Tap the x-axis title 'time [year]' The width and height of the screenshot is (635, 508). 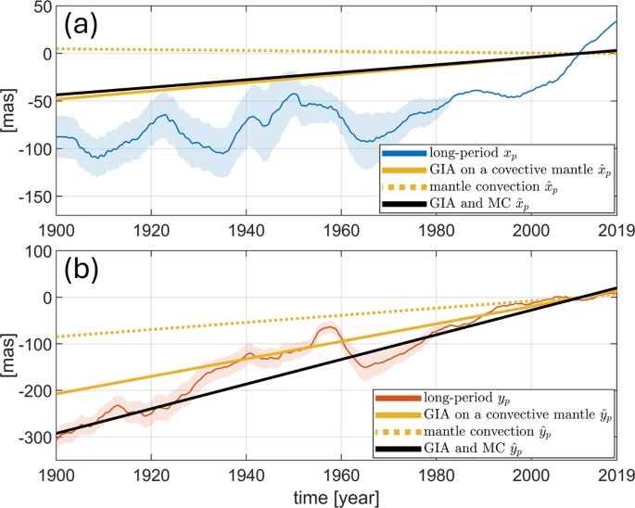335,497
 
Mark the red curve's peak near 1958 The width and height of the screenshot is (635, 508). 329,326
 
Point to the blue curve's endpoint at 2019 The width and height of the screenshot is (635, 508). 616,21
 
